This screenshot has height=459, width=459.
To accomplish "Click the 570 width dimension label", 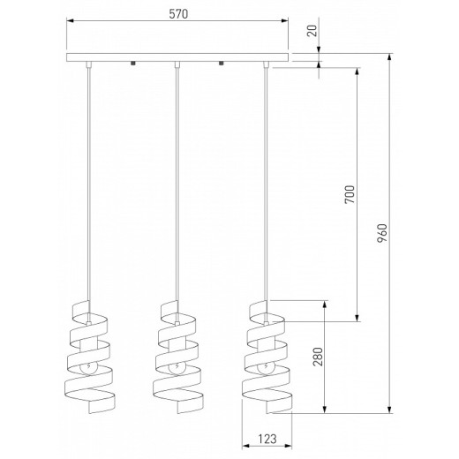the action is (x=178, y=14).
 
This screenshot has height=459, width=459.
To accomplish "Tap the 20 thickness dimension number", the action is (x=312, y=31).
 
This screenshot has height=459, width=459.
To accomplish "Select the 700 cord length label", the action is (x=350, y=194).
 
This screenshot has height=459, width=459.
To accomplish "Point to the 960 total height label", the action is (x=382, y=233).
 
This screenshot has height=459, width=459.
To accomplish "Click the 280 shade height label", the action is (x=318, y=357).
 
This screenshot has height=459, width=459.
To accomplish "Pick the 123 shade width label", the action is (x=267, y=439).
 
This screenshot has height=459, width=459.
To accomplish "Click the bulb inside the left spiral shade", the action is (x=88, y=367).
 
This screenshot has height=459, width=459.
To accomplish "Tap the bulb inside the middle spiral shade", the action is (x=177, y=367).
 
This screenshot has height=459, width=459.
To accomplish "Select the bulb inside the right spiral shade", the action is (x=266, y=367).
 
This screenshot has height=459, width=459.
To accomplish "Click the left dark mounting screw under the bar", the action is (x=133, y=64).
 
